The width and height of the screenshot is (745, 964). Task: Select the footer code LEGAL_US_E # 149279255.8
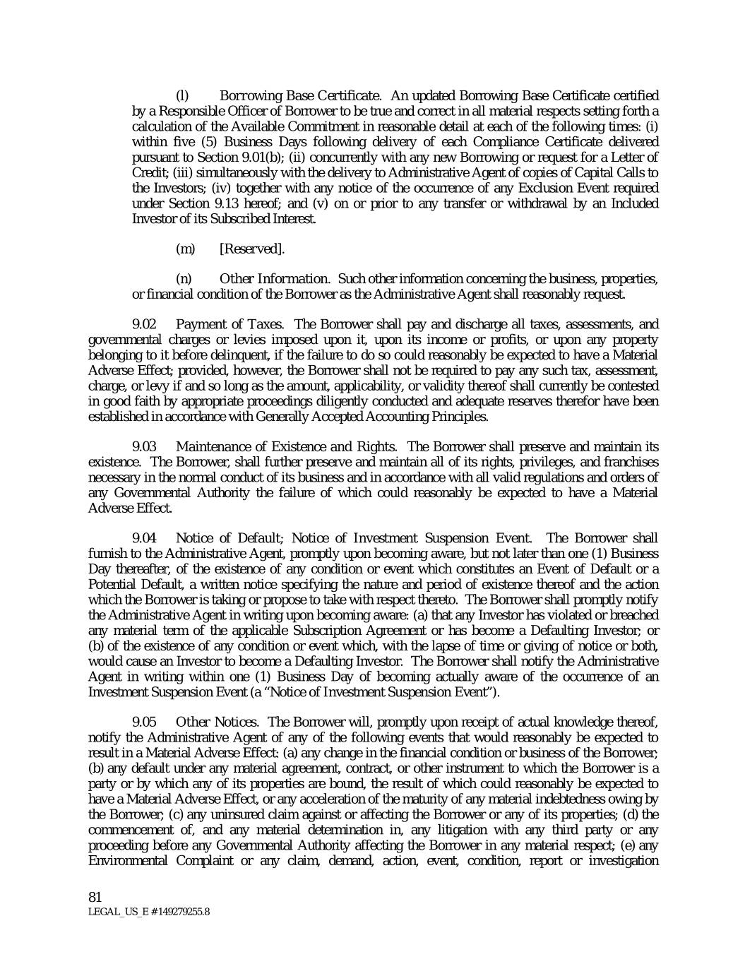click(x=148, y=912)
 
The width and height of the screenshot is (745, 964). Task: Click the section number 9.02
click(x=145, y=324)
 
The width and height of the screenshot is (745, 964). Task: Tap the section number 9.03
click(x=145, y=446)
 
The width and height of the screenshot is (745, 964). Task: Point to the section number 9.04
click(x=145, y=538)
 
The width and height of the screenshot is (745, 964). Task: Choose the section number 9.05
click(x=145, y=722)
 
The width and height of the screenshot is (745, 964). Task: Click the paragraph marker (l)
click(x=181, y=95)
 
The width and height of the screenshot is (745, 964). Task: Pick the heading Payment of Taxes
click(x=229, y=324)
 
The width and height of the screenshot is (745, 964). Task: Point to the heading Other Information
click(x=274, y=279)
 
